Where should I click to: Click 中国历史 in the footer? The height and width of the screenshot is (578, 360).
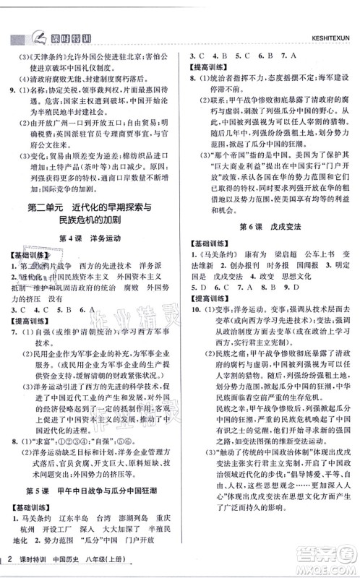tap(69, 563)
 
